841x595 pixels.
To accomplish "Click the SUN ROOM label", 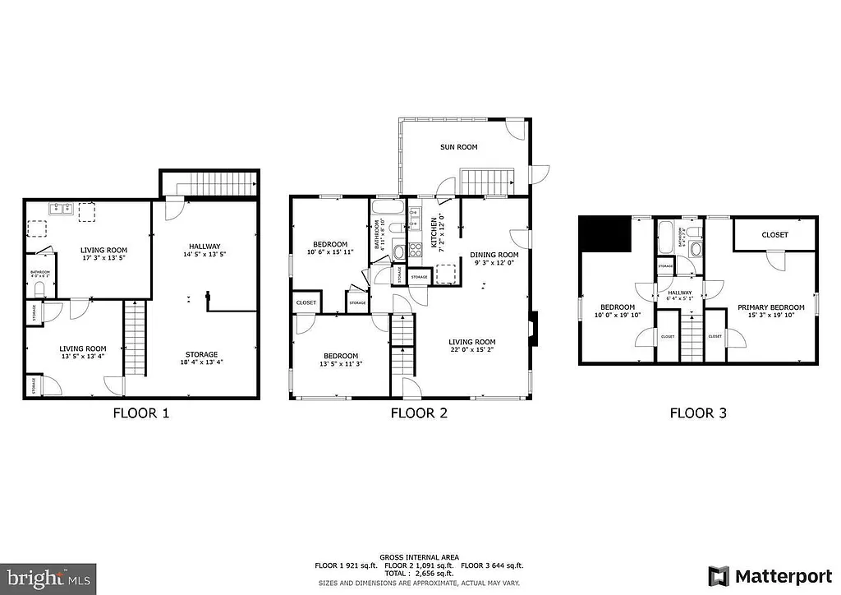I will (x=458, y=147).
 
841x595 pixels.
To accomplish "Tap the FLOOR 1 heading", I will (x=140, y=413).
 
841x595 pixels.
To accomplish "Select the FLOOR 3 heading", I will (x=698, y=413).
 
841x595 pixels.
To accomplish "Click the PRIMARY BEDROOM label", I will (x=770, y=307).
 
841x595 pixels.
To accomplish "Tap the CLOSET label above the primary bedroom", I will (x=774, y=235).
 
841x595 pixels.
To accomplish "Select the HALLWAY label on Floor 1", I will (x=204, y=246).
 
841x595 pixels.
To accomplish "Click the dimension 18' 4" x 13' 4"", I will (x=201, y=362).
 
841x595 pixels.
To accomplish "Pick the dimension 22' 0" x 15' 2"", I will (x=471, y=350).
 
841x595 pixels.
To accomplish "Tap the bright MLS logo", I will (x=48, y=577).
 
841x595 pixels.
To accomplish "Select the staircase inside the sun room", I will (x=485, y=181).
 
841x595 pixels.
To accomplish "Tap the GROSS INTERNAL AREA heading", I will (x=419, y=557).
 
